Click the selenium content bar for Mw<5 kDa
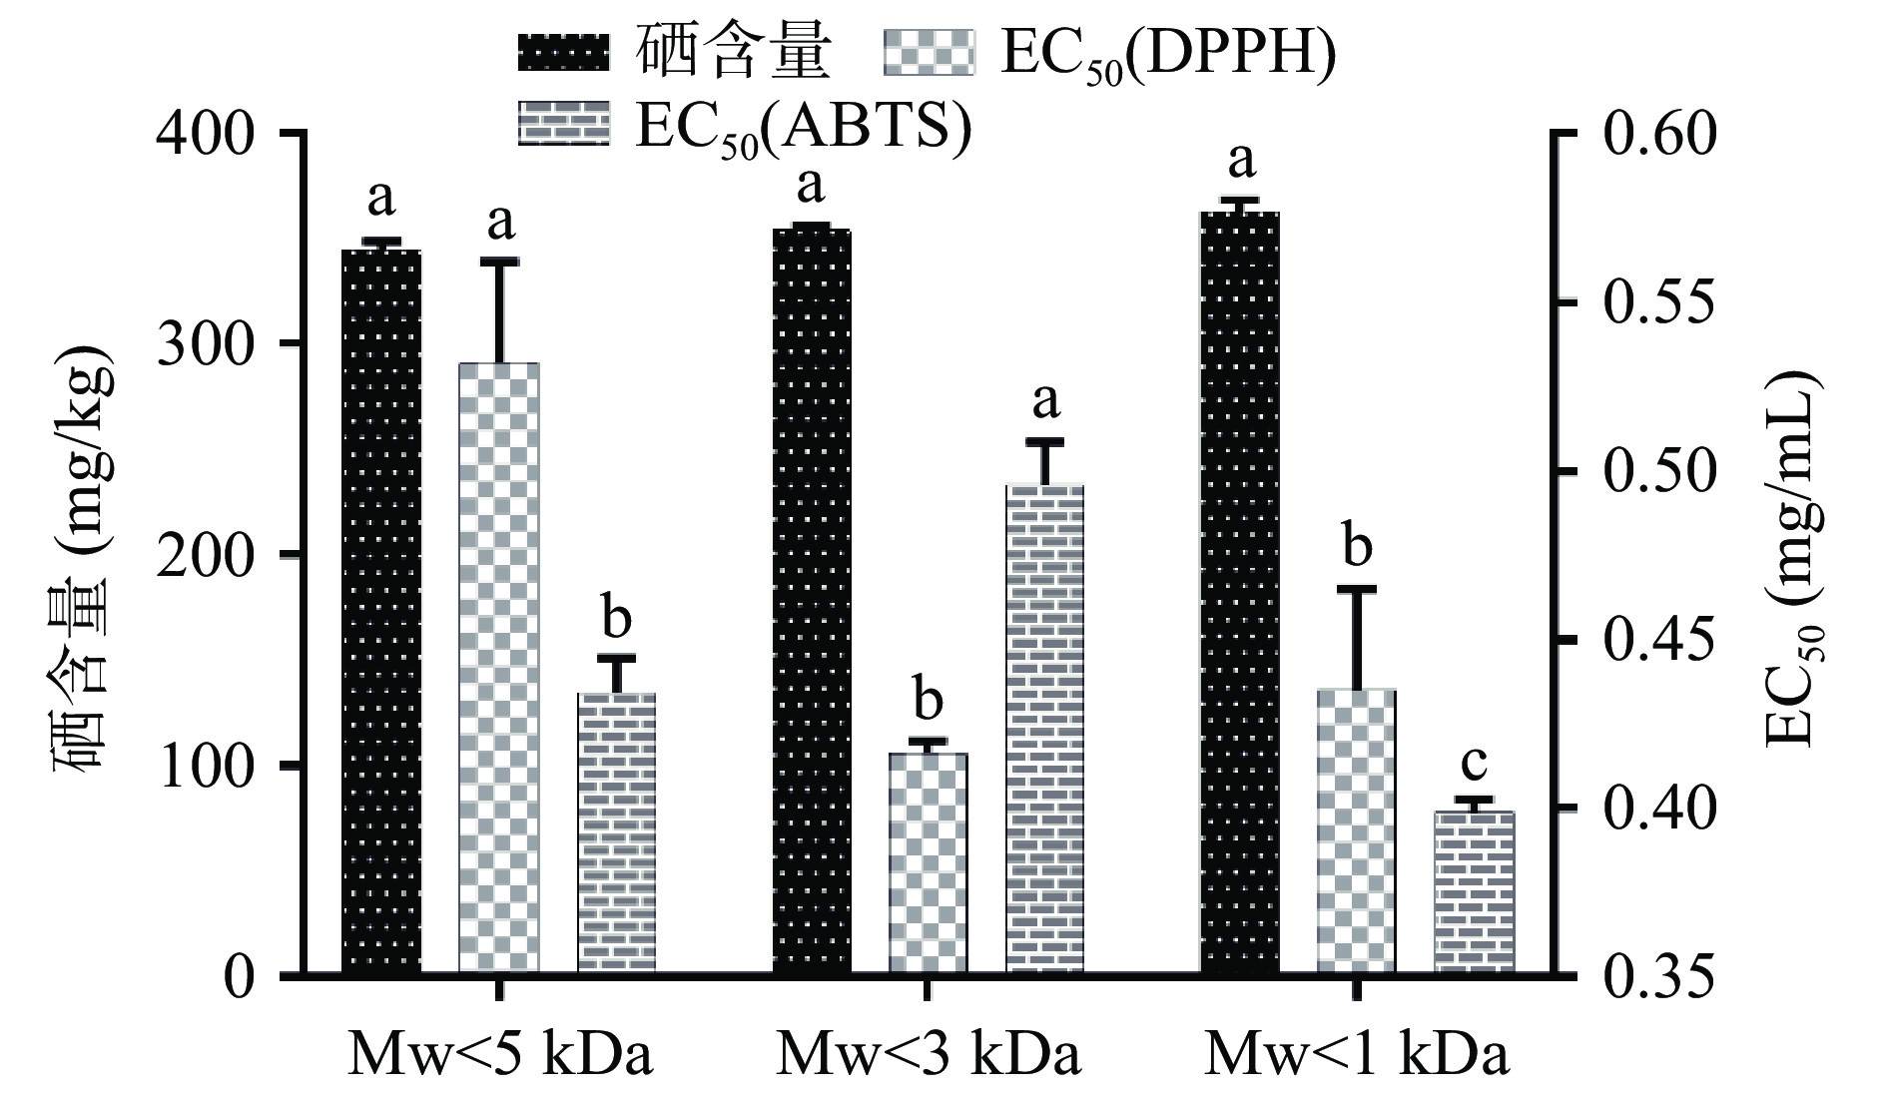[x=381, y=609]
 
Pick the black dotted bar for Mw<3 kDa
[x=812, y=599]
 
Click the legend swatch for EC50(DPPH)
[x=928, y=52]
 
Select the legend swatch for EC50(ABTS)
[x=563, y=124]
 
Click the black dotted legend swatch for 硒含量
[x=563, y=52]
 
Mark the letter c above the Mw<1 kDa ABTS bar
[x=1475, y=764]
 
